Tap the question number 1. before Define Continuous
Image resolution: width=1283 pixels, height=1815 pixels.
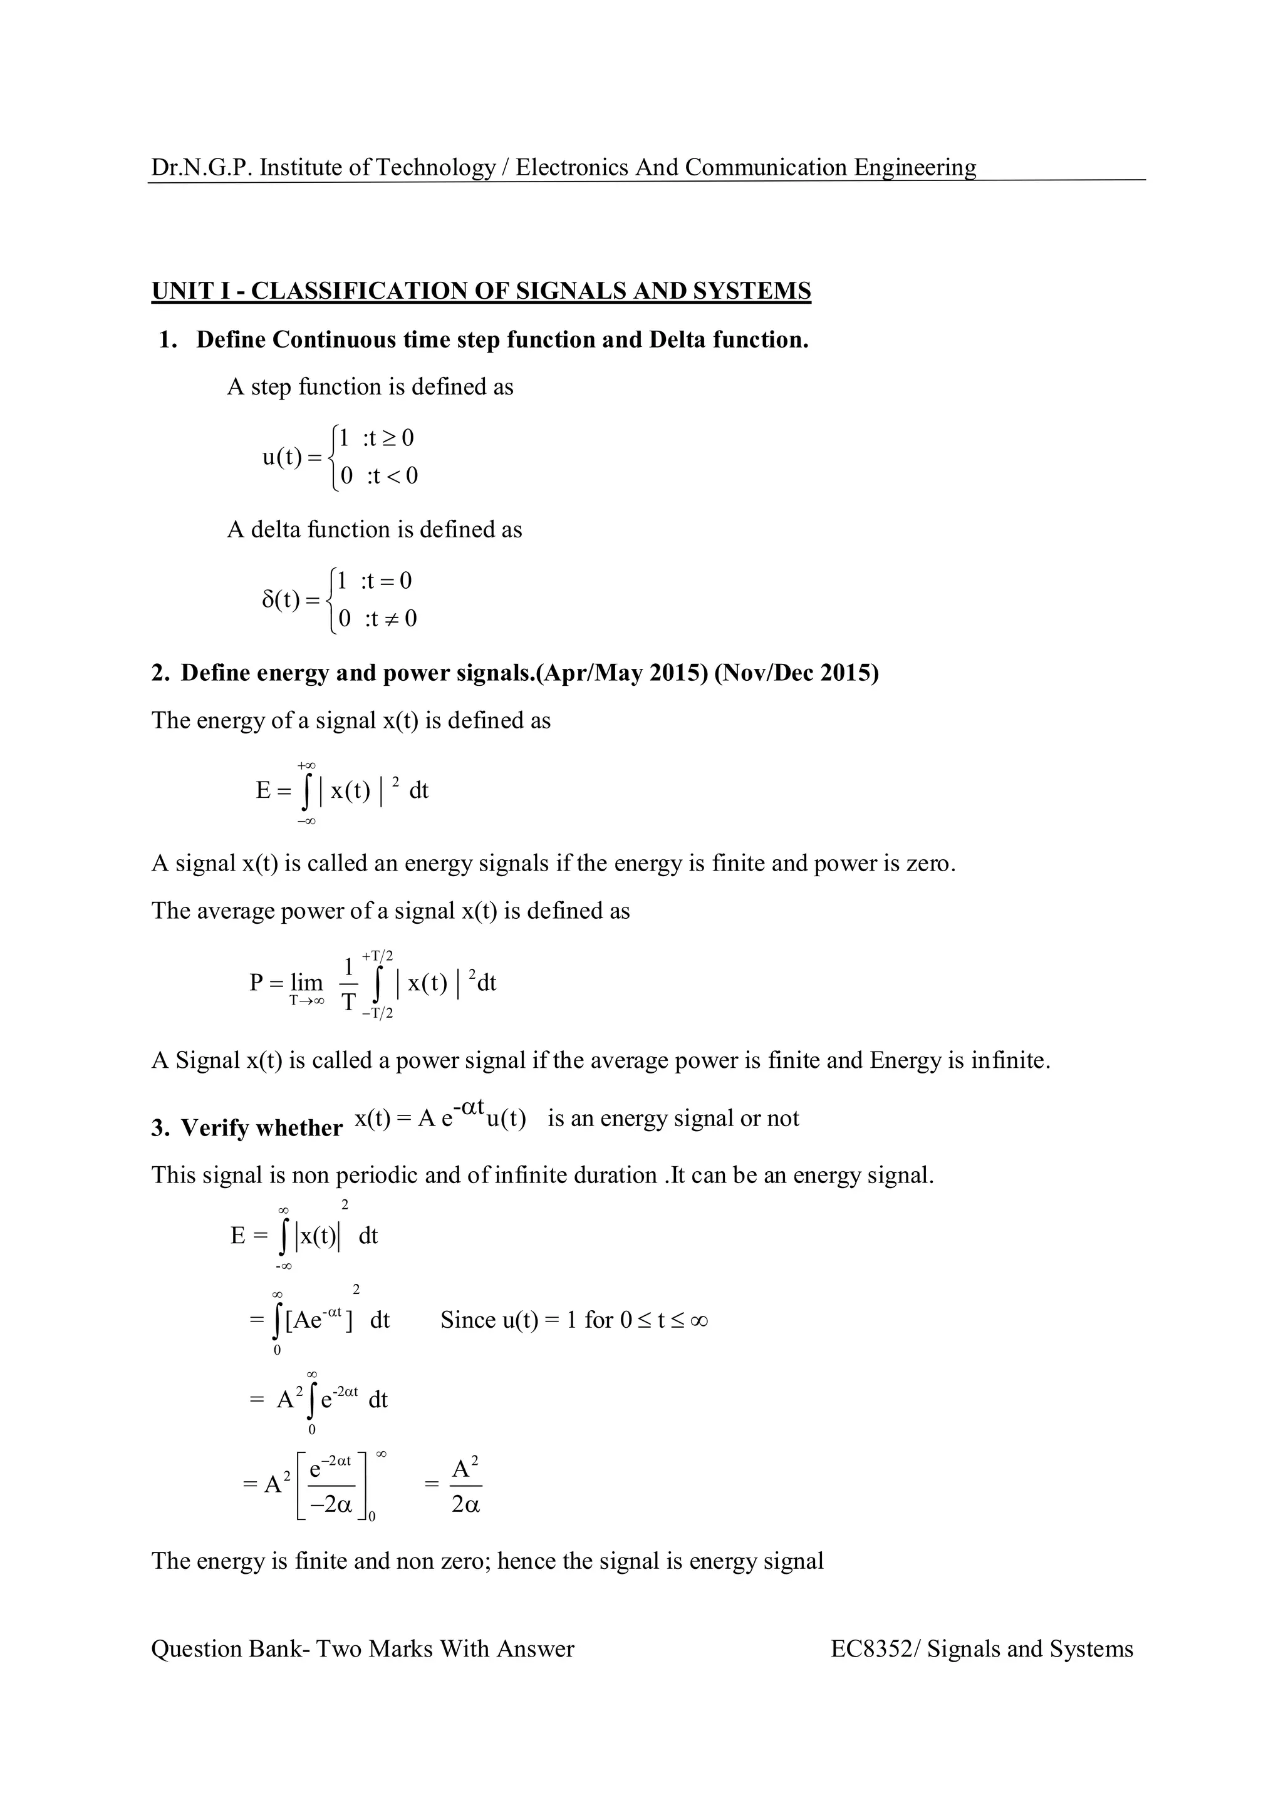coord(168,340)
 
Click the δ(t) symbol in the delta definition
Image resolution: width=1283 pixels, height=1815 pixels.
coord(281,600)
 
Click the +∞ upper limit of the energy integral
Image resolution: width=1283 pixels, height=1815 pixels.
coord(307,765)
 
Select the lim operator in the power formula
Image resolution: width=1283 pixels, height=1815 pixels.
coord(307,983)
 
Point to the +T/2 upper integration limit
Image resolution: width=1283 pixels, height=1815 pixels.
coord(378,956)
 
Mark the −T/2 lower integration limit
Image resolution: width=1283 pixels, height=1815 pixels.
coord(378,1013)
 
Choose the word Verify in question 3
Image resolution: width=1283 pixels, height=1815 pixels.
coord(215,1128)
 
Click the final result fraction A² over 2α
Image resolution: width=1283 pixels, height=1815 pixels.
coord(465,1487)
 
